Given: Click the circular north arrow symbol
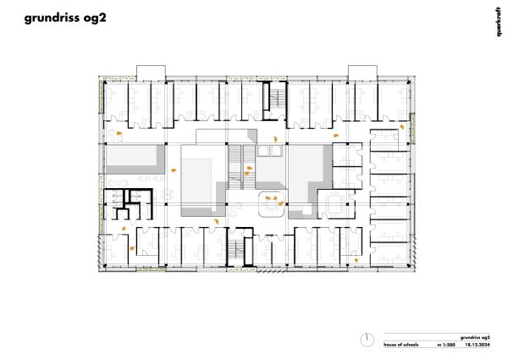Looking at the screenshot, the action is coord(367,341).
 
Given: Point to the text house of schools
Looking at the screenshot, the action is coord(400,345).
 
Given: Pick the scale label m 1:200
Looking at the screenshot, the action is coord(446,345).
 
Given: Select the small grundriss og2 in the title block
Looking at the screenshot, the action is coord(475,337).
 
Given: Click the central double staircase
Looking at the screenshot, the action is coord(241,167).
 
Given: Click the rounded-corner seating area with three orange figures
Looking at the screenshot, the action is coord(272,203).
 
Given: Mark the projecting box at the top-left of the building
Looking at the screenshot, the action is coord(151,73).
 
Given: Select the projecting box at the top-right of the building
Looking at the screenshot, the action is coord(362,73).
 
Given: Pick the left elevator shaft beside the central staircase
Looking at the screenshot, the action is coord(262,150).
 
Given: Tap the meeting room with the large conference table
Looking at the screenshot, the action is coord(336,204).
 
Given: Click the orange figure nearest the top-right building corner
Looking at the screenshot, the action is coord(401,127).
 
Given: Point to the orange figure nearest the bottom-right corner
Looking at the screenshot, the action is coord(356,260).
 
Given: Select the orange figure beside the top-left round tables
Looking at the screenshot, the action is coord(119,133).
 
